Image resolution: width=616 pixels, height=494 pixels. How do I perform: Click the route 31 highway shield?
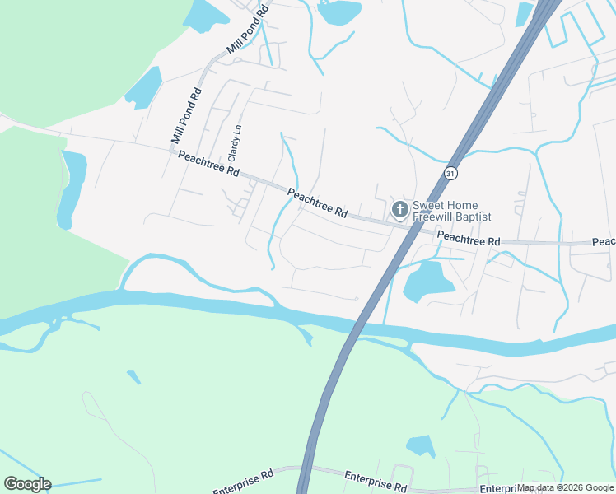coord(450,173)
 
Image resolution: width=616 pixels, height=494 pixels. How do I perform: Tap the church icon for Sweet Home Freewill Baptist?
coord(399,210)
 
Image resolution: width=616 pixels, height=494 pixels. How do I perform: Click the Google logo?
coord(27,484)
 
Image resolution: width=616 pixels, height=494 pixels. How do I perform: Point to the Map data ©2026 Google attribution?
coord(566,487)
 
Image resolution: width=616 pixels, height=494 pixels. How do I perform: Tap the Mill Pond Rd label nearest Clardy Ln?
coord(186,117)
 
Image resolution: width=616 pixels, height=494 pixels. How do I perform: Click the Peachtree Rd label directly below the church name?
coord(469,239)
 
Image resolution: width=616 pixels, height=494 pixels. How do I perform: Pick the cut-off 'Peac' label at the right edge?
coord(604,242)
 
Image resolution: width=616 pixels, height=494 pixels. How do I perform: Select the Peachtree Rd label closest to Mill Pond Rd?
coord(208,163)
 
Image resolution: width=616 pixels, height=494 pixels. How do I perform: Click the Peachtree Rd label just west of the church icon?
coord(318,203)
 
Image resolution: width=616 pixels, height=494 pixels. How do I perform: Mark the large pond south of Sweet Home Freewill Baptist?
coord(427,282)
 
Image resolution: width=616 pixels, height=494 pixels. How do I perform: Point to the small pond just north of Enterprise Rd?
coord(422,445)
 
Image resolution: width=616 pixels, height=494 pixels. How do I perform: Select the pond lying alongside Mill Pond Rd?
coord(143,86)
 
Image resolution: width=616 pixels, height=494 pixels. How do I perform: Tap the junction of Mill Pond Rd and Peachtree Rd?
coord(172,149)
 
